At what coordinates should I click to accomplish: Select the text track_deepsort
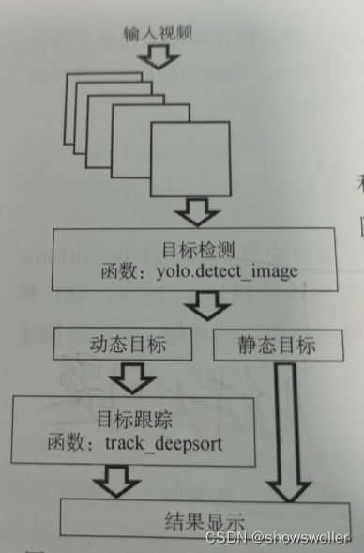click(168, 442)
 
